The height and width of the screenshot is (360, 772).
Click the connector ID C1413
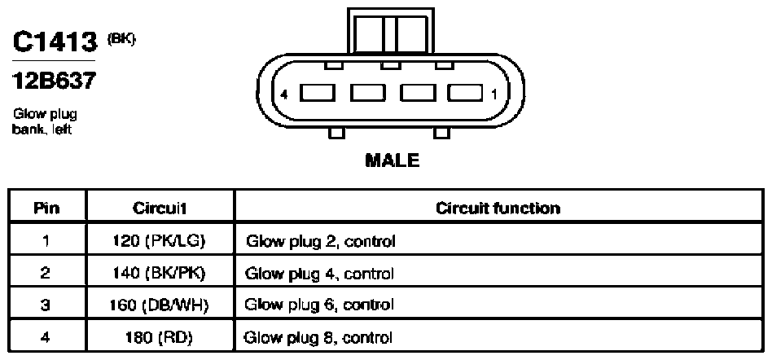click(55, 42)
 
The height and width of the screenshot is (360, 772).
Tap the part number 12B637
click(53, 81)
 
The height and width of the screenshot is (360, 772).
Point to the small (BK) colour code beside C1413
click(121, 39)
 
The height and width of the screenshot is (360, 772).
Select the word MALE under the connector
click(393, 160)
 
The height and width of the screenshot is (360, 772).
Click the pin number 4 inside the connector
click(283, 94)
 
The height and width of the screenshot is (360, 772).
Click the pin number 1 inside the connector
click(493, 94)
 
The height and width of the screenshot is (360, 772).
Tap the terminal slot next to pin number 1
click(465, 93)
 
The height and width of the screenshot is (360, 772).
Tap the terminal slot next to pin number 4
click(318, 93)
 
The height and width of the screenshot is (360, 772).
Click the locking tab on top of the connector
click(391, 30)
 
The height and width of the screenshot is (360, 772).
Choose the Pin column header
click(47, 208)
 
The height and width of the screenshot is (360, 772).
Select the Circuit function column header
click(498, 208)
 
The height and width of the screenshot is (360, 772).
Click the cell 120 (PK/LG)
click(157, 241)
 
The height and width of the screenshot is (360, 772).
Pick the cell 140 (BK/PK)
click(157, 274)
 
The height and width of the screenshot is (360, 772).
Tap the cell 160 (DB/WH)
click(159, 305)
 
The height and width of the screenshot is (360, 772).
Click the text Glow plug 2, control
click(320, 242)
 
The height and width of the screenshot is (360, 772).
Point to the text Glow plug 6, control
click(319, 305)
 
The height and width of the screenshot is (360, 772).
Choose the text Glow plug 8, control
click(318, 338)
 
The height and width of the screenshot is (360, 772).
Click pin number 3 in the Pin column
click(46, 305)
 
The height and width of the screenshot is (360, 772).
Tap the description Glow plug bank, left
click(45, 121)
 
